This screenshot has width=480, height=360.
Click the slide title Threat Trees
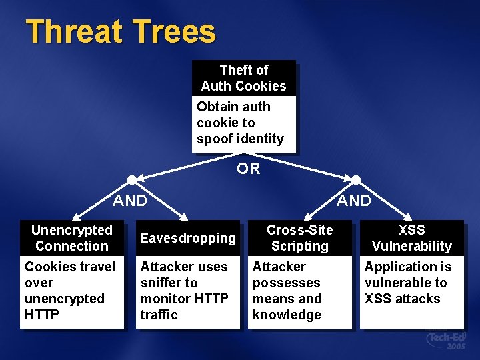[x=121, y=32]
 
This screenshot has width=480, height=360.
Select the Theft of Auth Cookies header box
[x=243, y=78]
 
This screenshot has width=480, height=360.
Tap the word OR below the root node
[x=249, y=169]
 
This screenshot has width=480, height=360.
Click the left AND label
[x=130, y=200]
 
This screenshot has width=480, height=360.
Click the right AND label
[x=354, y=200]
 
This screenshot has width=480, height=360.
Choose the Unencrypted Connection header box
[x=72, y=238]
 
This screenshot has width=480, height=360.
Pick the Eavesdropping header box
[x=188, y=238]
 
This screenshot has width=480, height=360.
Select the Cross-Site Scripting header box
[x=300, y=238]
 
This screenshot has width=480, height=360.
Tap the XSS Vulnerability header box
[x=411, y=238]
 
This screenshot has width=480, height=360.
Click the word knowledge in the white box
[x=287, y=315]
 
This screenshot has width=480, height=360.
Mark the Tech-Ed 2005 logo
[x=446, y=341]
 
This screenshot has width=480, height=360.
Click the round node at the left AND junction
[x=132, y=179]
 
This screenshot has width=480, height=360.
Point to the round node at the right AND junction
[x=356, y=179]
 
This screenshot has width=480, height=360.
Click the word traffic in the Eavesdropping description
[x=159, y=315]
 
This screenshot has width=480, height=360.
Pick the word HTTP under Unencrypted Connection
[x=41, y=315]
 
